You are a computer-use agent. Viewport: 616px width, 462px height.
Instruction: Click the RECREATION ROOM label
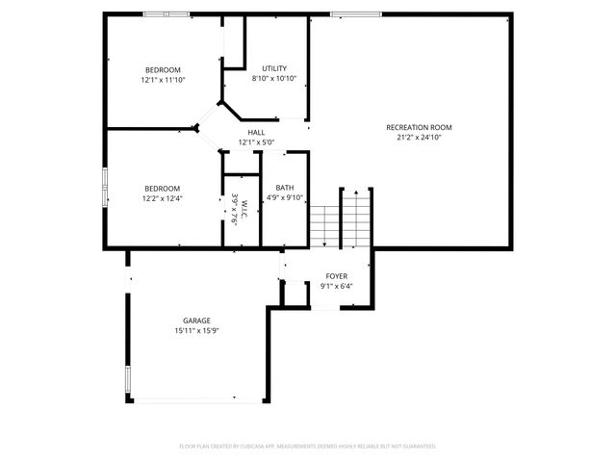(419, 127)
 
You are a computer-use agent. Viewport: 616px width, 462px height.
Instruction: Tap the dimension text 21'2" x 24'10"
(419, 137)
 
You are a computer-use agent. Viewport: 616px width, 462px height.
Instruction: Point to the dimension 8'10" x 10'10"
(274, 78)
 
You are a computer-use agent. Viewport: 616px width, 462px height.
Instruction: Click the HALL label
(256, 133)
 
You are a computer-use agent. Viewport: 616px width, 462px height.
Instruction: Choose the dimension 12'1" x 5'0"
(256, 142)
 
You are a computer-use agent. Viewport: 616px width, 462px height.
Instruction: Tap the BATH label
(285, 188)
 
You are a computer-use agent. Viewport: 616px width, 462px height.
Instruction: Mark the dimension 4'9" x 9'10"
(285, 197)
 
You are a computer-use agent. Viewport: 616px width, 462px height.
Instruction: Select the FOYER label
(337, 276)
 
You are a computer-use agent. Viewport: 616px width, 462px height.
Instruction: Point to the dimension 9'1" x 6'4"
(337, 286)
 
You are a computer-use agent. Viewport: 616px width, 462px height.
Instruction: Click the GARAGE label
(197, 321)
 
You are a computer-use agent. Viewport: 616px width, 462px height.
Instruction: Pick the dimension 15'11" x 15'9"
(197, 330)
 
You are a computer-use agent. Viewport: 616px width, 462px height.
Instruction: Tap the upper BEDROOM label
(163, 70)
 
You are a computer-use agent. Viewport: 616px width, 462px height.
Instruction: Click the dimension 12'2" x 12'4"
(162, 198)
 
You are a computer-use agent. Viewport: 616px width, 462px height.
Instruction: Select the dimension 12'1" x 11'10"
(163, 80)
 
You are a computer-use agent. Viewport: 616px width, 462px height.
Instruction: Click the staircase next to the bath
(340, 217)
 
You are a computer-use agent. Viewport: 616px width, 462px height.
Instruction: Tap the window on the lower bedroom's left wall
(104, 183)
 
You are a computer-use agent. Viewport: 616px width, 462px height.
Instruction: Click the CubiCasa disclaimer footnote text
(308, 447)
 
